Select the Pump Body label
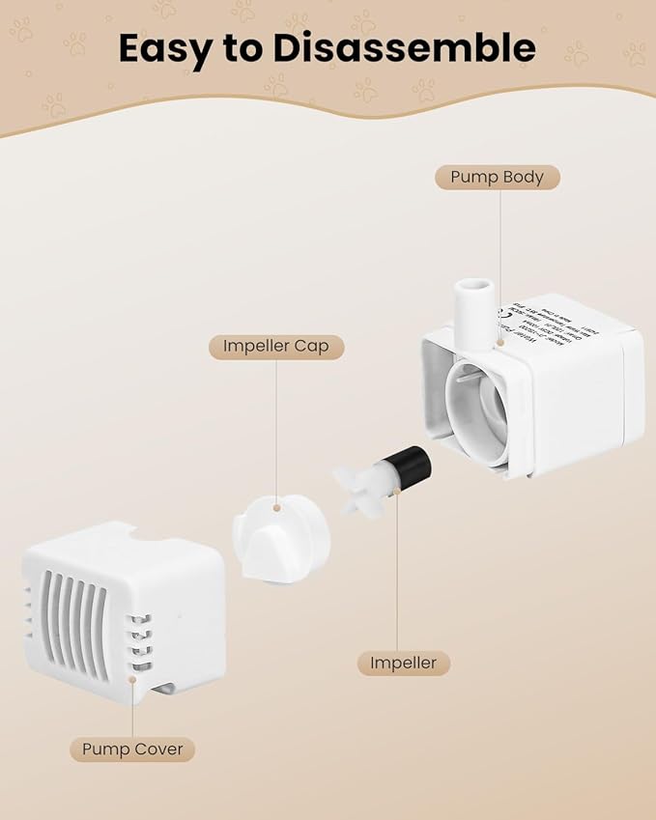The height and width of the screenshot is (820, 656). (497, 177)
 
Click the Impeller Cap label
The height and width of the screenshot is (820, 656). (276, 346)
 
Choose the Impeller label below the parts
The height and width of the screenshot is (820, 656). (404, 663)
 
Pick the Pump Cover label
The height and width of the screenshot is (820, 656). (132, 749)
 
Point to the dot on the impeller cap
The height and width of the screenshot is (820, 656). (277, 506)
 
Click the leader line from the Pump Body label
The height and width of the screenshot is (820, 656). (501, 251)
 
